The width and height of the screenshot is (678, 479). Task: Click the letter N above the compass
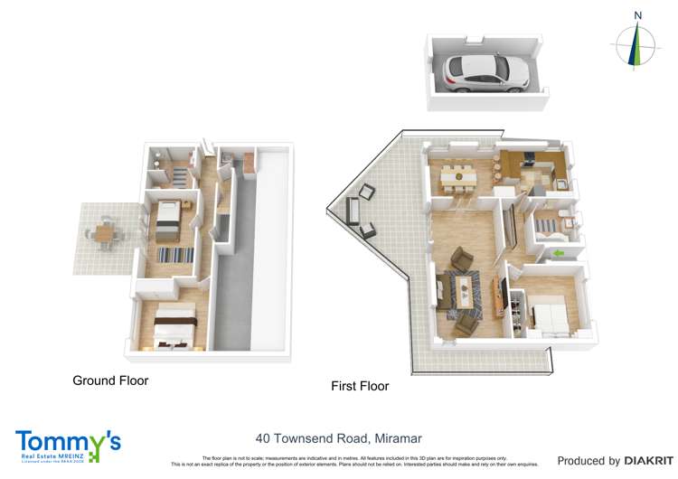pos(638,15)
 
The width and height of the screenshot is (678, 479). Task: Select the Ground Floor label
pos(110,380)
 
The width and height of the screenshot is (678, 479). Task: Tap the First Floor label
pos(360,386)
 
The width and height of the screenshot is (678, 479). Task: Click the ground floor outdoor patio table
pos(106,233)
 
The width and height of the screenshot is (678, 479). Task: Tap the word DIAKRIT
pos(648,461)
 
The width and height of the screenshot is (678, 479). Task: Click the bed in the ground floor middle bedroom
pos(169,220)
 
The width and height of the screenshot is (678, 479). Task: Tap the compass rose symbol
pos(638,45)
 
